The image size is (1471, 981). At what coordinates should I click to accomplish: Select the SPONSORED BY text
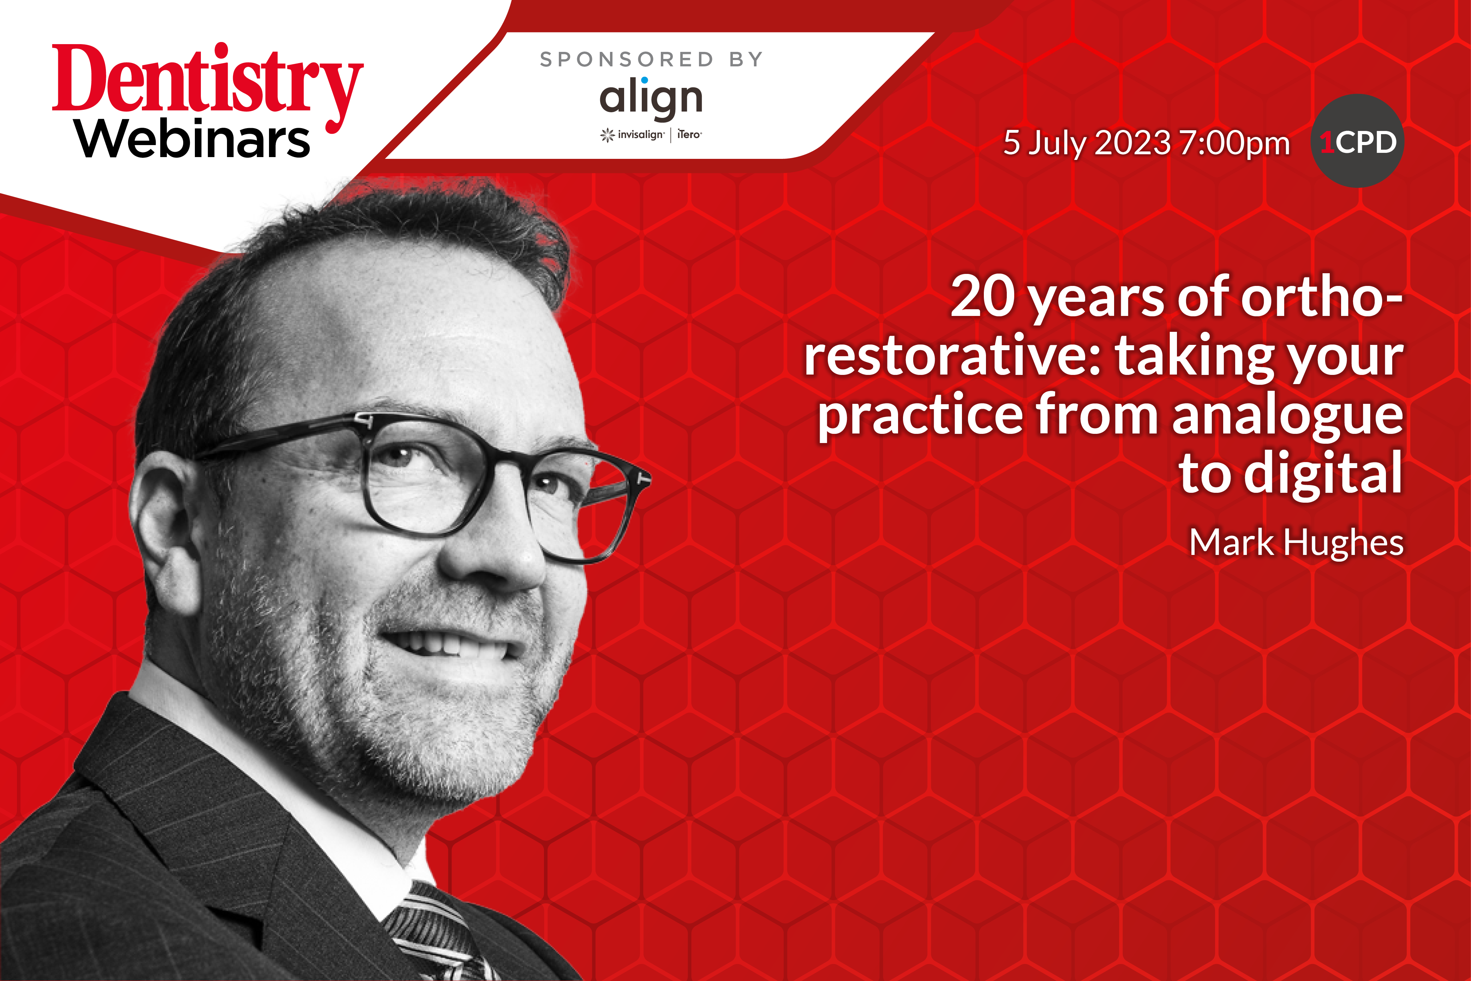[x=651, y=59]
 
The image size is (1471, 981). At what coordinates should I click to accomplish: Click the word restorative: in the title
[x=952, y=355]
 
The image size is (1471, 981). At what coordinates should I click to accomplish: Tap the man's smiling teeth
[x=447, y=644]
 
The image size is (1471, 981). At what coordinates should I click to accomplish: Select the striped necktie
[x=438, y=932]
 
